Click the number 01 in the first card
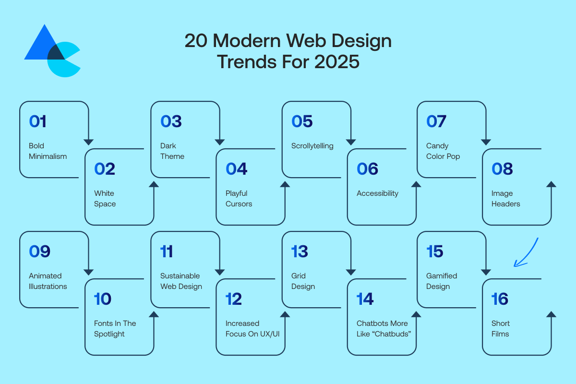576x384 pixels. pos(37,121)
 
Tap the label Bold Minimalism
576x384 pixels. pos(48,151)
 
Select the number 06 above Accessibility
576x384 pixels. pos(367,169)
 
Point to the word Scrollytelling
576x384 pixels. pos(312,146)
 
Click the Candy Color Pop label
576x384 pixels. pos(443,151)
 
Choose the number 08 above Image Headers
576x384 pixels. pos(502,169)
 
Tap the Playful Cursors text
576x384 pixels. pos(239,199)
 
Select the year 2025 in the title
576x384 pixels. pos(337,62)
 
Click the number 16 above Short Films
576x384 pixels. pos(500,299)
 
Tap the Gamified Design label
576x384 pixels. pos(442,281)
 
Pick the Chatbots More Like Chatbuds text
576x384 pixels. pos(384,328)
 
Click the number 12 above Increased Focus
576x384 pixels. pos(233,299)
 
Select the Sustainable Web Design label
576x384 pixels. pos(181,281)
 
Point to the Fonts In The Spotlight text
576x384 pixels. pos(115,328)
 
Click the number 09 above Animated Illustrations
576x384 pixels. pos(39,252)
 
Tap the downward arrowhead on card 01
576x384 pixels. pos(88,142)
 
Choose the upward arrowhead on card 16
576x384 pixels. pos(551,314)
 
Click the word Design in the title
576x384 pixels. pos(361,41)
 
